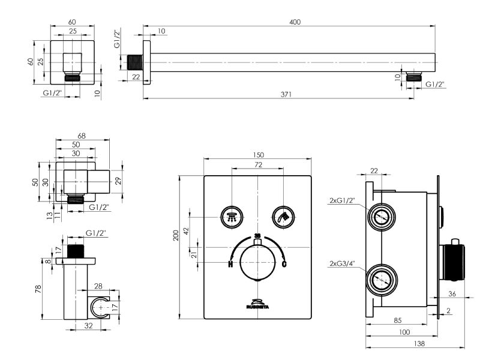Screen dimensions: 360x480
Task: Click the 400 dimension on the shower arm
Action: point(294,22)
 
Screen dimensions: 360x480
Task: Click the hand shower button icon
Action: point(283,217)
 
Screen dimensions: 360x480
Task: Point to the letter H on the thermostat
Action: point(230,264)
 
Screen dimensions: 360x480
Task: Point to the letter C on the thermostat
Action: point(284,264)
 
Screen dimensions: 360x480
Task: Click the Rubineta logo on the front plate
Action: point(257,303)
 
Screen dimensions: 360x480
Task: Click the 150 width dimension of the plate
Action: point(258,155)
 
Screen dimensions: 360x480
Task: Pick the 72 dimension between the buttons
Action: point(258,164)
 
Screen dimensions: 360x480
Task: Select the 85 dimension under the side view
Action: point(398,320)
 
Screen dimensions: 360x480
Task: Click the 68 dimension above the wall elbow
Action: point(82,136)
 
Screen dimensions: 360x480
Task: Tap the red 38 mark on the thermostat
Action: point(257,235)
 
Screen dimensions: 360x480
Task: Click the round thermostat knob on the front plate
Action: point(257,263)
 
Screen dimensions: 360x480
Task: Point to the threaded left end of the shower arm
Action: point(135,62)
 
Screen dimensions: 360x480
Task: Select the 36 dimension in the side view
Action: point(452,294)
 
